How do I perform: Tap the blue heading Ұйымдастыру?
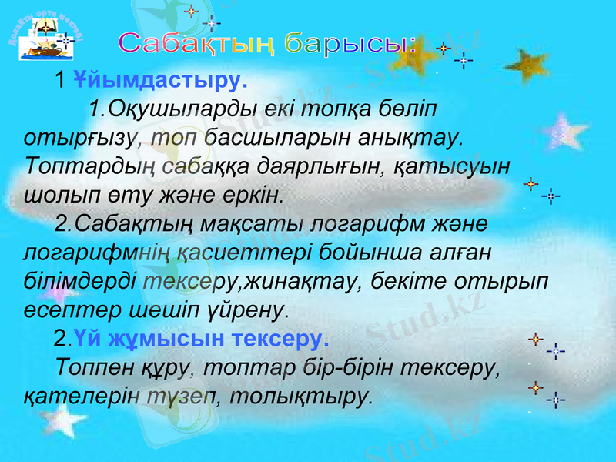coord(160,80)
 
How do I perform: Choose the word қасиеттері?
coord(253,252)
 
